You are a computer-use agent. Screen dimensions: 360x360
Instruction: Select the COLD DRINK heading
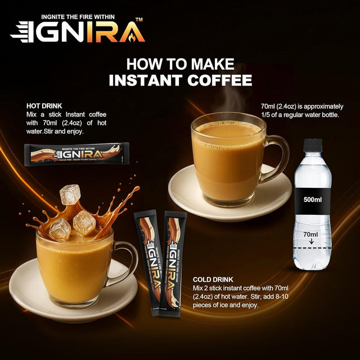pos(214,280)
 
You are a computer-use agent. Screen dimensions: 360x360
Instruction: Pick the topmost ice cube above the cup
pos(70,194)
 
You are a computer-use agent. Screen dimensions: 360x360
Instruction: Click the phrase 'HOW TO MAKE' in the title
pos(180,64)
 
